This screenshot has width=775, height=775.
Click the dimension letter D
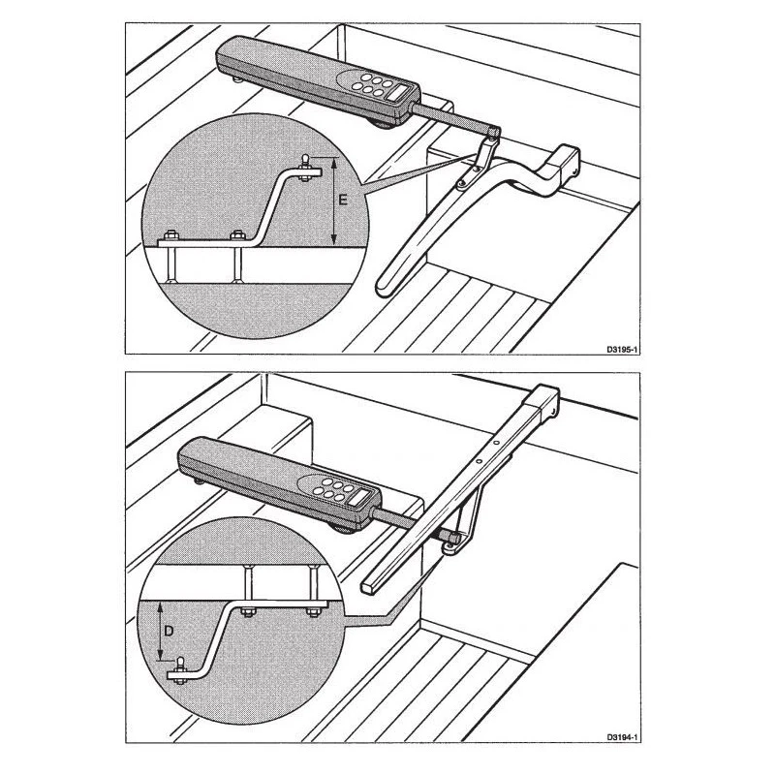pos(169,632)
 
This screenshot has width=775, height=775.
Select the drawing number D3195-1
pos(623,349)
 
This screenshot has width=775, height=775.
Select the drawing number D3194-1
pos(623,737)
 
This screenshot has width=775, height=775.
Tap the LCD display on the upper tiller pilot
pos(399,93)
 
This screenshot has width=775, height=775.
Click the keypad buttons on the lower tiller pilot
pos(333,489)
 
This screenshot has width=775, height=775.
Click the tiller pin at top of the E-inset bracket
pos(305,162)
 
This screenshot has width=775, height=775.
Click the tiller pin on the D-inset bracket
pos(180,665)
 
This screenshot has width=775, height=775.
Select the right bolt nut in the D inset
pos(312,612)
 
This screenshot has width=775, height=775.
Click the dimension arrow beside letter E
pos(334,201)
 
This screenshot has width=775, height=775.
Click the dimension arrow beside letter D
pos(160,631)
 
